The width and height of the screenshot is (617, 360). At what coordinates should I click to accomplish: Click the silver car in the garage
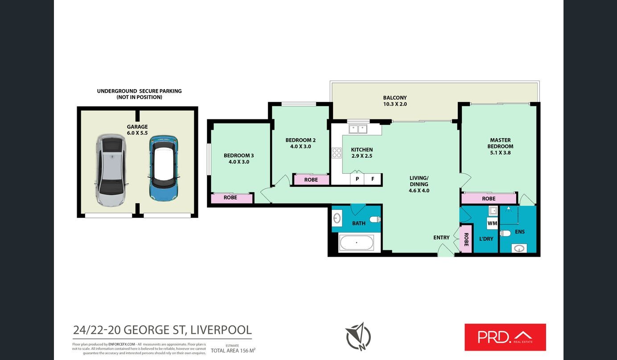pos(111,170)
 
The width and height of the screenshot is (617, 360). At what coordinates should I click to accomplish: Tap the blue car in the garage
pos(164,168)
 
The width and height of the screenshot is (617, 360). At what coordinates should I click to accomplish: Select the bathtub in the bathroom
pos(356,243)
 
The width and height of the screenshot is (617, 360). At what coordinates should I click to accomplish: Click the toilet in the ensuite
pos(505,233)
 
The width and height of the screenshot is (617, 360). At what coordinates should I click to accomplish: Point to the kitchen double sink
pos(358,129)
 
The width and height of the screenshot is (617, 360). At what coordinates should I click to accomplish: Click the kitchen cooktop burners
pos(337,153)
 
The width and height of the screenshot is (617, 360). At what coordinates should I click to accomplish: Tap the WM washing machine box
pos(492,223)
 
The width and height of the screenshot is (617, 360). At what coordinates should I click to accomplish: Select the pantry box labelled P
pos(357,180)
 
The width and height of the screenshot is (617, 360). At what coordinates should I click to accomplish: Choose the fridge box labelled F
pos(373,180)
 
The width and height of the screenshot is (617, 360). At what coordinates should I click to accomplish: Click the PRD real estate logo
pos(505,337)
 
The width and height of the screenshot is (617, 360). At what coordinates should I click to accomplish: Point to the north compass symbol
pos(358,336)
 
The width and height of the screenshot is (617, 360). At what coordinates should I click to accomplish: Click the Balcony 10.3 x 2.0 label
pos(395,101)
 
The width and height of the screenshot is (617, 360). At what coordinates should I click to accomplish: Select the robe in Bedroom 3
pos(230,197)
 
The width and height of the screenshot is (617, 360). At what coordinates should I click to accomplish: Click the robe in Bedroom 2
pos(311,180)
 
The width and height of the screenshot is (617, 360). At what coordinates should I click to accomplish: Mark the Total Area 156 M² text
pos(233,351)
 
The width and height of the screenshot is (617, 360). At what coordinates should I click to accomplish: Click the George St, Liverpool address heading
pos(162,330)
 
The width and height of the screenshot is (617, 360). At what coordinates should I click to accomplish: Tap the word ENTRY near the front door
pos(441,237)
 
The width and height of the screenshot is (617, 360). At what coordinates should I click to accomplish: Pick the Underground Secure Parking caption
pos(139,94)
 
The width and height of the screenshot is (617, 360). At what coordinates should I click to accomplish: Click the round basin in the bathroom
pos(337,218)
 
